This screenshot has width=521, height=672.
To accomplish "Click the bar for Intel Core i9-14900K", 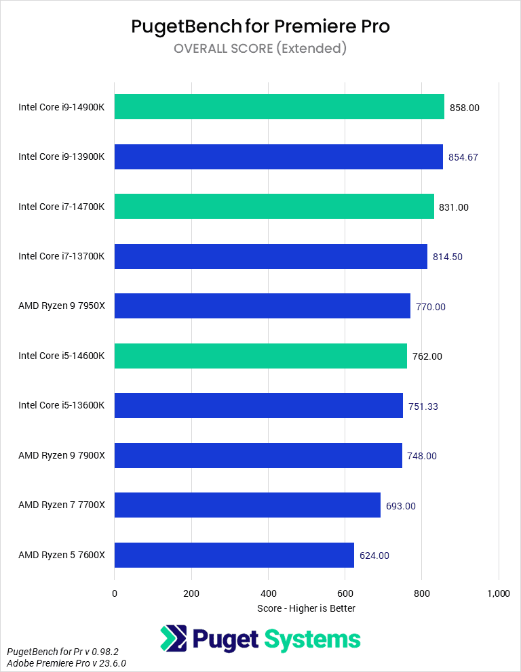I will pos(279,107).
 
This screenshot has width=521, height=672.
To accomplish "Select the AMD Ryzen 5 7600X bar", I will pos(234,555).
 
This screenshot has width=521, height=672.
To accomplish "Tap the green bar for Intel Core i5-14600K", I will pos(260,356).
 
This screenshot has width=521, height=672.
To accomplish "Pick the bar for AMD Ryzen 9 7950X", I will pos(262,306).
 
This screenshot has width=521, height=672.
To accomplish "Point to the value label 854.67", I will pos(463,157).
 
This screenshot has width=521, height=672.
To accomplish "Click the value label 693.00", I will pos(401,506).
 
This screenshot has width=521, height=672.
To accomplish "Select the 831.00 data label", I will pos(454,207).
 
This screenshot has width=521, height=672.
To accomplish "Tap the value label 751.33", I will pos(423,406).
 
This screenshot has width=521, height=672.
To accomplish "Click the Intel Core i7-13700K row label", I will pos(62,257).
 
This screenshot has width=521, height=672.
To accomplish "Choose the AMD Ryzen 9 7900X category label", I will pos(62,456).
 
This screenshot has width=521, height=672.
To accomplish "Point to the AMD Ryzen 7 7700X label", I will pos(62,506).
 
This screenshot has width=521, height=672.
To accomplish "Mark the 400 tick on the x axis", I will pos(268,593).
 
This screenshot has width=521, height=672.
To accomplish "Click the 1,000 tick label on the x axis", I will pos(499,593).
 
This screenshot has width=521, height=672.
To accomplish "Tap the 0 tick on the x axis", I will pos(115,593).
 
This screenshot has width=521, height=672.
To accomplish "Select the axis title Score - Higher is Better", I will pos(306,608).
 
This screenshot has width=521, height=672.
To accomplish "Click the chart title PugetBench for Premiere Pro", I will pos(260,26).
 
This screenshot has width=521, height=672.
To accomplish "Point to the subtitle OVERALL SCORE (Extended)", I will pos(260,48).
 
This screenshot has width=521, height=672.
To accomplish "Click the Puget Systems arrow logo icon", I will pos(173,639).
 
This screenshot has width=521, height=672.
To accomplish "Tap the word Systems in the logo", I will pos(312,639).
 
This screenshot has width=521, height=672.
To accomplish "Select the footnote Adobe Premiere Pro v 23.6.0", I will pos(67,663).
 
